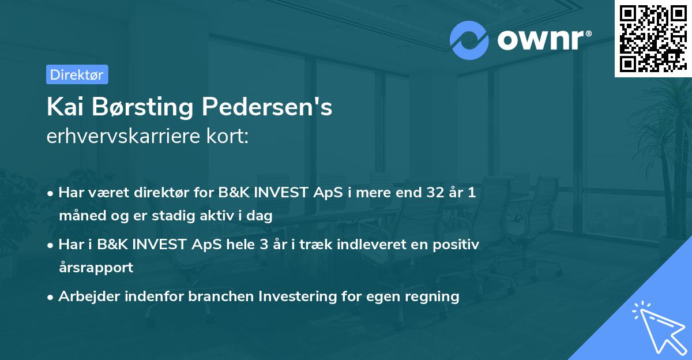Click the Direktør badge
pyautogui.click(x=77, y=74)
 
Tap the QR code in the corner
pyautogui.click(x=653, y=39)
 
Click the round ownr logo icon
pyautogui.click(x=469, y=39)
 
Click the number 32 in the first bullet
pyautogui.click(x=430, y=193)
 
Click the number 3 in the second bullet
pyautogui.click(x=264, y=244)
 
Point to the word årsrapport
pyautogui.click(x=96, y=268)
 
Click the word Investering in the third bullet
pyautogui.click(x=295, y=297)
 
